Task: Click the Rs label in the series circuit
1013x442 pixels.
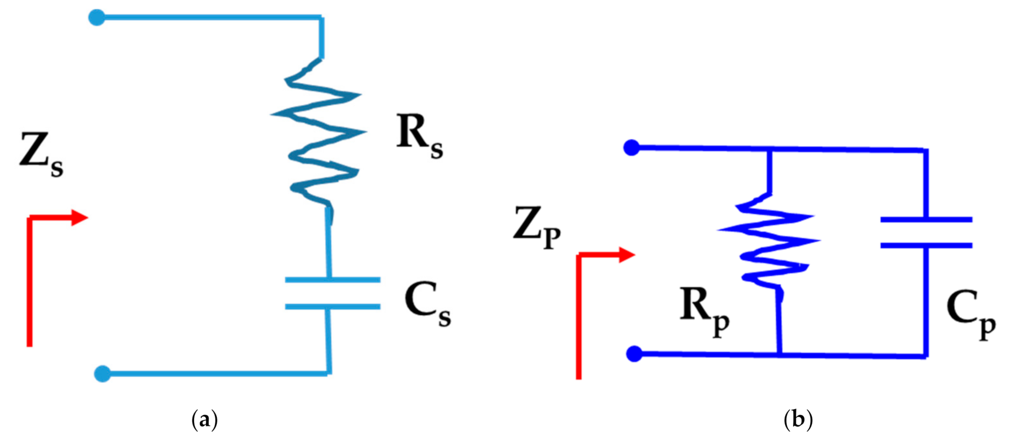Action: (x=419, y=135)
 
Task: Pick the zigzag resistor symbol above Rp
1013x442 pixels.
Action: (x=769, y=239)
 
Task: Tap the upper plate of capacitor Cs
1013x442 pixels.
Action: (x=332, y=280)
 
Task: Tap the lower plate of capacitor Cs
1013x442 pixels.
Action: (x=332, y=307)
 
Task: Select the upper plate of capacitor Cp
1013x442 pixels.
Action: (x=926, y=219)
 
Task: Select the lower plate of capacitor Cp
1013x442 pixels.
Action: (x=926, y=245)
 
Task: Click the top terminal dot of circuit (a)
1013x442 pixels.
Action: (x=97, y=18)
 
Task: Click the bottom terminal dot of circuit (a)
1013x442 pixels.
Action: (x=102, y=373)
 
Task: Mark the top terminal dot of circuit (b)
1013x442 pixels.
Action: (x=631, y=147)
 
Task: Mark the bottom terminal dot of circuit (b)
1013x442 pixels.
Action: (x=634, y=353)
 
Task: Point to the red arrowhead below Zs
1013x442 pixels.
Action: (x=80, y=218)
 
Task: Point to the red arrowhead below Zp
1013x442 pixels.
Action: (x=627, y=255)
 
